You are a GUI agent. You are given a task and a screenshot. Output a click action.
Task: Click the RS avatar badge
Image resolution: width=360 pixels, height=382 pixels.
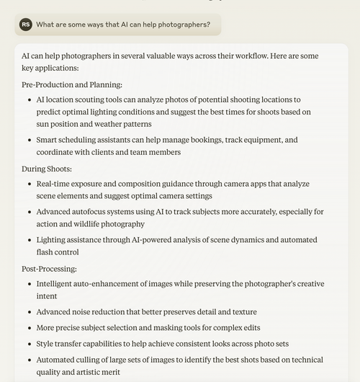26,25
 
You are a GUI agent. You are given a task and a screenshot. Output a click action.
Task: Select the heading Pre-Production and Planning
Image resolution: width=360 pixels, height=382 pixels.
72,84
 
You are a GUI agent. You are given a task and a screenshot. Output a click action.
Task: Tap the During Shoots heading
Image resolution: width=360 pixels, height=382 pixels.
47,169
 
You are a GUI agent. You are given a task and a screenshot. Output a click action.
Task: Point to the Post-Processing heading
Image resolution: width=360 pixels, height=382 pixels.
50,269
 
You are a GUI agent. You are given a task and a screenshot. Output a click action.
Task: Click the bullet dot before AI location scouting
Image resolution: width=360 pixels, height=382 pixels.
27,99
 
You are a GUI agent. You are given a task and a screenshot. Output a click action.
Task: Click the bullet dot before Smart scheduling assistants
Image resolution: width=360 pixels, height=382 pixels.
27,140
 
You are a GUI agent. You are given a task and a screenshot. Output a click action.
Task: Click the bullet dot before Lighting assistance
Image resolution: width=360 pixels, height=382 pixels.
27,239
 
